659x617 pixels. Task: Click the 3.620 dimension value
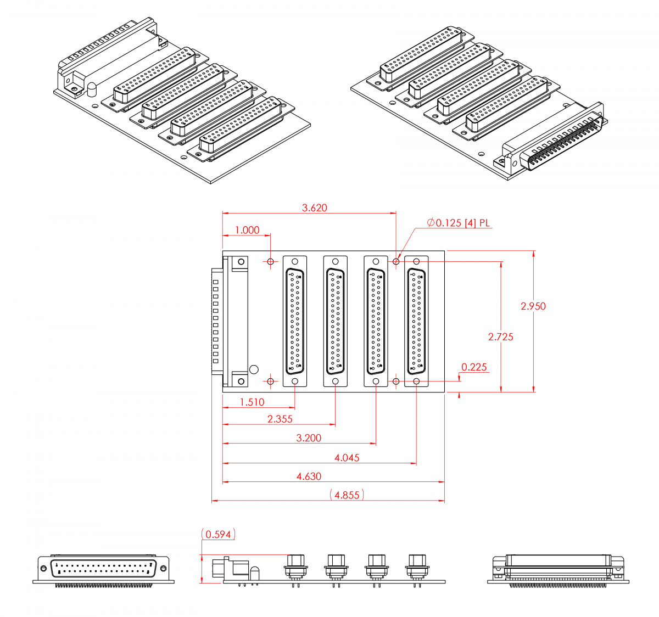click(315, 207)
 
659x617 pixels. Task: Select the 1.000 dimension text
click(247, 230)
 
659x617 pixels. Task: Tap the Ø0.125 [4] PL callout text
click(458, 222)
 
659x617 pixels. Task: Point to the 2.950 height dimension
click(533, 306)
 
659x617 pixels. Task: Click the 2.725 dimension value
click(501, 336)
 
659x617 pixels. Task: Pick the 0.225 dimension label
click(474, 367)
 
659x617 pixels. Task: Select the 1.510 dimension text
click(252, 402)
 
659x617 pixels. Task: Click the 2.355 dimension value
click(280, 419)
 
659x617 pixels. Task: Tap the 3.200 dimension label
click(309, 438)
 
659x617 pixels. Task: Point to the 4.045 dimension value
click(347, 457)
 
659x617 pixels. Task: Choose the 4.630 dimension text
click(309, 476)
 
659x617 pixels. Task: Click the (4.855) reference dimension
click(347, 495)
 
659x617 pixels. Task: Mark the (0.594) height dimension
click(219, 534)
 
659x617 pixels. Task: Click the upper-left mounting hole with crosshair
click(271, 261)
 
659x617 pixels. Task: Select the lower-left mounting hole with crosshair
click(271, 380)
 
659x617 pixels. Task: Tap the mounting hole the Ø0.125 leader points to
click(396, 261)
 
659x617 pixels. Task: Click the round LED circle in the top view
click(254, 369)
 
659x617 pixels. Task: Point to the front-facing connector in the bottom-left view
click(104, 569)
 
